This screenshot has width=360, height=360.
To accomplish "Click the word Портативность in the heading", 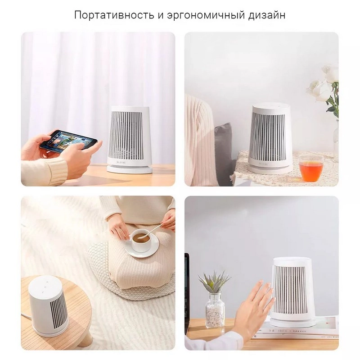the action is pos(114,15).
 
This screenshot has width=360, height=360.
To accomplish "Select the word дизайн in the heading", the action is pos(267,16).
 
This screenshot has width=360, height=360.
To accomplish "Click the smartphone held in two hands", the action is pos(68,140).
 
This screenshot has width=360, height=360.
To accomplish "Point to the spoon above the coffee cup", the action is pos(153,230).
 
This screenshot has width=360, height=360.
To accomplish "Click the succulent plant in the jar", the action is pos(214,282).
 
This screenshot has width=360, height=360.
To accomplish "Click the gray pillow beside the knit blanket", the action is pos(224,154).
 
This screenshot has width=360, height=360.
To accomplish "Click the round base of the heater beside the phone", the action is pos(130,169).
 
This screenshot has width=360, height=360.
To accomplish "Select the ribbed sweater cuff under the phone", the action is pos(56,171).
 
